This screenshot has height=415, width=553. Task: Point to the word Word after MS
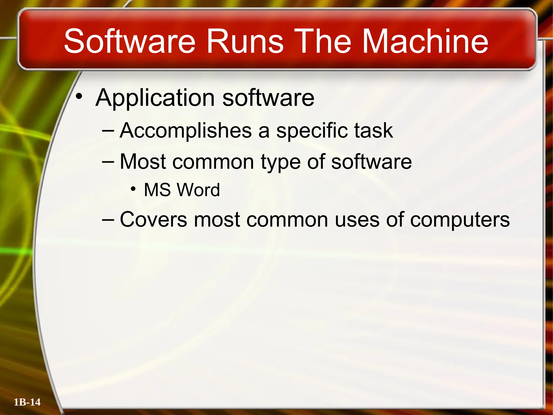199,190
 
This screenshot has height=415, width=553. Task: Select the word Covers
153,219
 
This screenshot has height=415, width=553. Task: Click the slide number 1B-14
27,402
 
